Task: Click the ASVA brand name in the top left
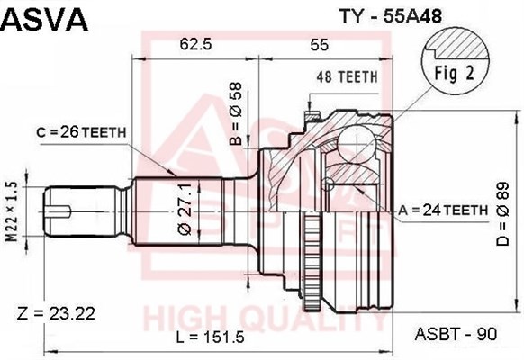pyautogui.click(x=45, y=17)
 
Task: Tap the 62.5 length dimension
pyautogui.click(x=195, y=43)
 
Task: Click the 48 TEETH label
pyautogui.click(x=345, y=78)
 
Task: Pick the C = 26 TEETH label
pyautogui.click(x=80, y=131)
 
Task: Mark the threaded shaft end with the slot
pyautogui.click(x=68, y=211)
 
